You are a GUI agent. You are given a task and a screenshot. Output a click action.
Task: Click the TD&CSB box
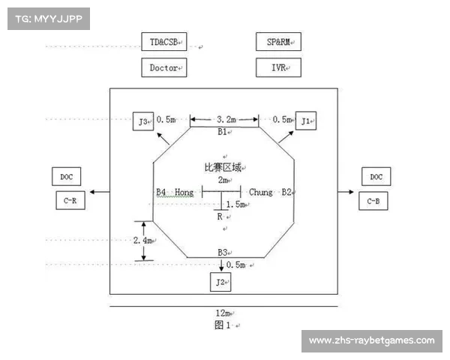[163, 42]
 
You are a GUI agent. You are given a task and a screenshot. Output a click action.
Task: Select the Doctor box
[163, 67]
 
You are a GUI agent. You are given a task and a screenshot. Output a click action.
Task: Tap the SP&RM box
[277, 42]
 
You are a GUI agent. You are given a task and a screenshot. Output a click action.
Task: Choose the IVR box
[277, 67]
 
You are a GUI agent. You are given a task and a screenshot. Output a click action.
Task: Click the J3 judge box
[143, 120]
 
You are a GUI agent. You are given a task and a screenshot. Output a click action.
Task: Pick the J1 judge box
[306, 120]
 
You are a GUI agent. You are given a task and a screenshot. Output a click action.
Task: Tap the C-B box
[375, 200]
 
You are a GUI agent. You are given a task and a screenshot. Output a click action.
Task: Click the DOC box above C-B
[375, 177]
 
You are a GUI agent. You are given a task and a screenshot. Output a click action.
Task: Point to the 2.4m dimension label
[141, 241]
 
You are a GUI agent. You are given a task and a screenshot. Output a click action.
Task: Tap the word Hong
[184, 193]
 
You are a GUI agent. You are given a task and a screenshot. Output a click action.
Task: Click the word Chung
[261, 193]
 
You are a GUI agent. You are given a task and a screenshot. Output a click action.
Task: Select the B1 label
[222, 132]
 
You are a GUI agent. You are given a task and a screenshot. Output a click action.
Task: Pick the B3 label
[222, 253]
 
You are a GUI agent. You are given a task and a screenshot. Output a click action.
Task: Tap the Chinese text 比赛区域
[223, 167]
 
